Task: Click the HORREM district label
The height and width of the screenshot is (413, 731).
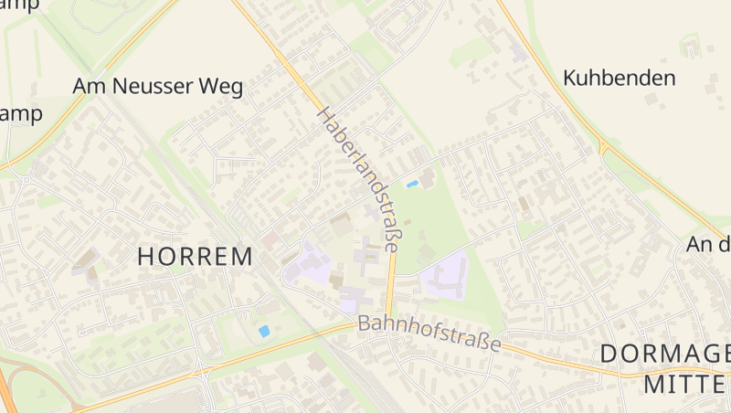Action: click(195, 257)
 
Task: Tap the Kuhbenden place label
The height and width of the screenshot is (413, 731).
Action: click(620, 78)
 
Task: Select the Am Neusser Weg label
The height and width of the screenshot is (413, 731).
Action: click(157, 87)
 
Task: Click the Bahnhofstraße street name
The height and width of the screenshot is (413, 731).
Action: click(429, 334)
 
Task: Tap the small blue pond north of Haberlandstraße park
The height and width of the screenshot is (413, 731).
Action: click(412, 184)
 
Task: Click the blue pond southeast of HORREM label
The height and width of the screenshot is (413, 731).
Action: click(264, 331)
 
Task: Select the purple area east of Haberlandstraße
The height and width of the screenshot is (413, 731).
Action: click(445, 274)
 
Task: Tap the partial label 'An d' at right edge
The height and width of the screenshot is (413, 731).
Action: click(709, 244)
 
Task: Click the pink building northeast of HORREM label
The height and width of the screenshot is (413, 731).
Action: click(270, 239)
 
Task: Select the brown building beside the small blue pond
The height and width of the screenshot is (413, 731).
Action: click(427, 176)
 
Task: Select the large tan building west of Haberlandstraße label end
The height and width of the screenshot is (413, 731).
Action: click(340, 225)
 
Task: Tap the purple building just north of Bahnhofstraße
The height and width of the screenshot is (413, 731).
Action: click(353, 299)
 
